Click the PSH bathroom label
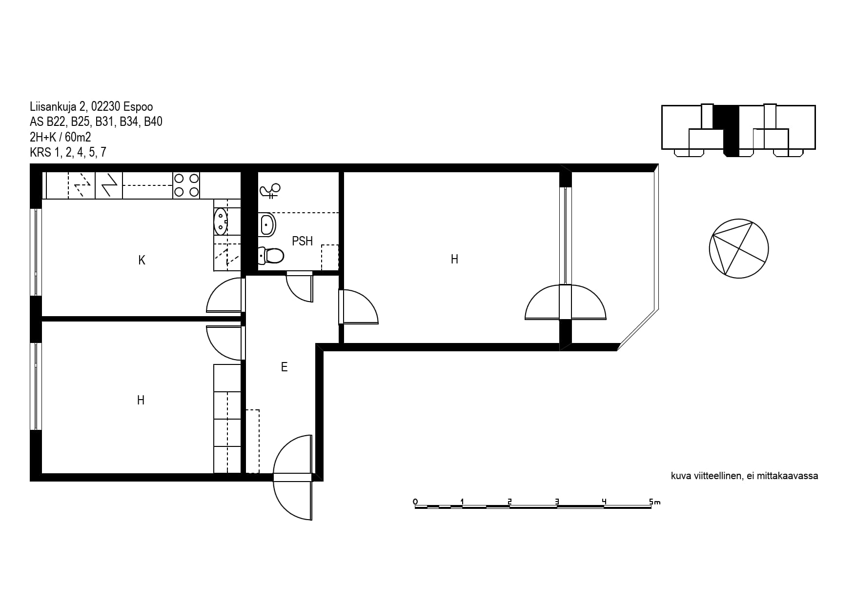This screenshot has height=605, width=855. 302,241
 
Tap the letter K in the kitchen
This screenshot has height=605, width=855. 142,260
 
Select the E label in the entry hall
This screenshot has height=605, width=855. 284,367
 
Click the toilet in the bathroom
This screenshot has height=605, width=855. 271,255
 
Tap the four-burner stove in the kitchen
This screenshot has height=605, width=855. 186,185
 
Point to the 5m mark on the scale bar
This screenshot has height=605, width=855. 654,502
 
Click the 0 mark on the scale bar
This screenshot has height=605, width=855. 415,502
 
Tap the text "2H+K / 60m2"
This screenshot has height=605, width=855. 61,137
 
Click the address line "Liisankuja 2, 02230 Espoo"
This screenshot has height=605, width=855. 91,107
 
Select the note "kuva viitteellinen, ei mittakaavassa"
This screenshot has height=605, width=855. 744,476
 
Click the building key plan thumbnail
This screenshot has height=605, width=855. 738,130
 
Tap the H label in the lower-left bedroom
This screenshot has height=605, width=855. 141,401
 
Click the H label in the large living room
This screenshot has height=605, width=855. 454,260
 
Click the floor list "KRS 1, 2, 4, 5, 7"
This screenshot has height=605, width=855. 68,153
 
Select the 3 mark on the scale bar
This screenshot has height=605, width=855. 557,502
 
